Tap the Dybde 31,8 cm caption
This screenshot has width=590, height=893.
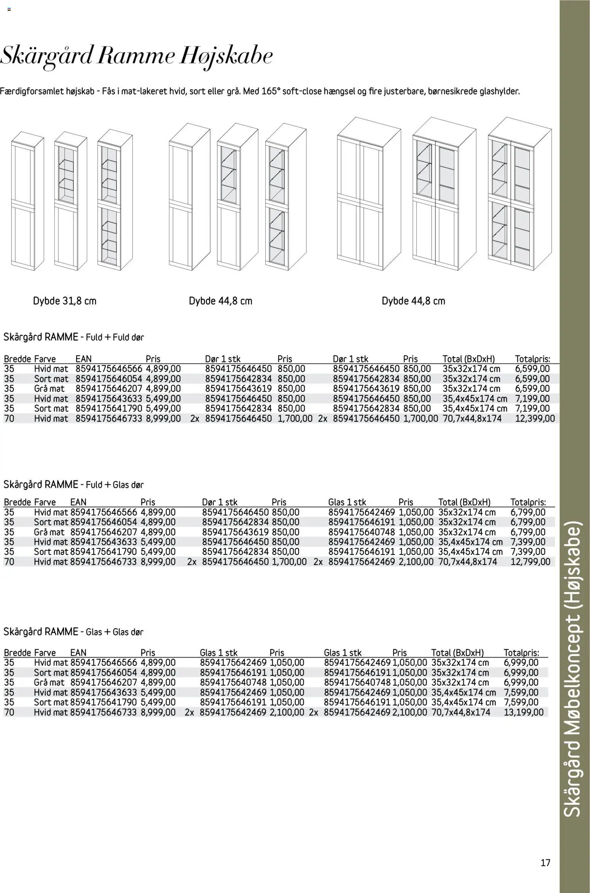(65, 301)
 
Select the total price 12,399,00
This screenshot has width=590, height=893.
(535, 419)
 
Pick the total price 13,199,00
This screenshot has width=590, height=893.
(524, 712)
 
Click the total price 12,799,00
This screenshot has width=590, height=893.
(530, 562)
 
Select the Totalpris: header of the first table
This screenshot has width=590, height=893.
(532, 359)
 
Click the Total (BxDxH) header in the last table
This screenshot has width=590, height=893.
(457, 653)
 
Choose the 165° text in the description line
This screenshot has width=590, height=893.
(271, 92)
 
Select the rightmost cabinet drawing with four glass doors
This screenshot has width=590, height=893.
(520, 194)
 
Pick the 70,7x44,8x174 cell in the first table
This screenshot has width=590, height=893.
(472, 419)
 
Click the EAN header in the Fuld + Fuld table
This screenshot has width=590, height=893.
(83, 359)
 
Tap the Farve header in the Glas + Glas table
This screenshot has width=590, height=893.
(45, 653)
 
